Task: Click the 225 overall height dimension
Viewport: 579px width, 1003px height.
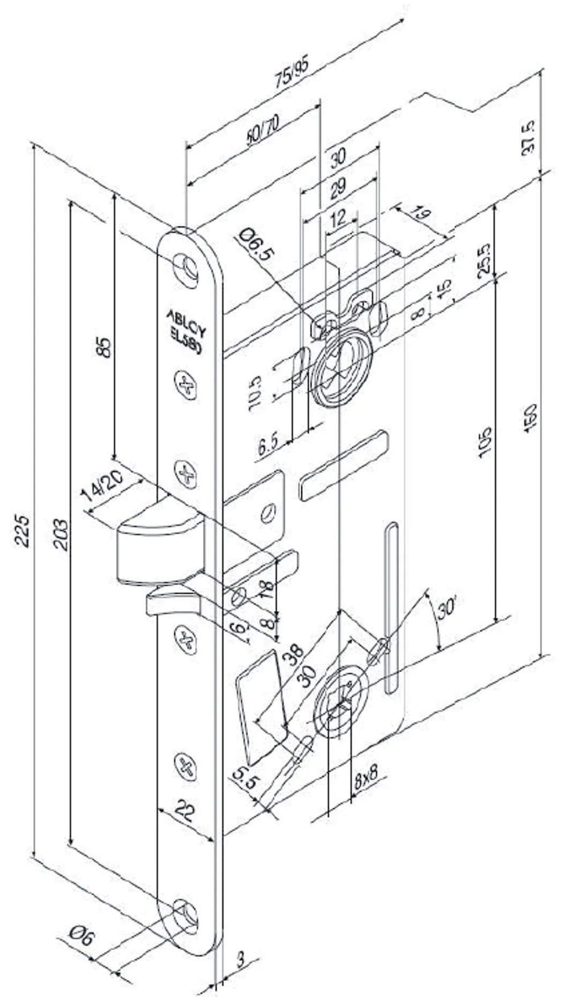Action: point(21,530)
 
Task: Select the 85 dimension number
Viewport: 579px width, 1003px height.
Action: point(105,346)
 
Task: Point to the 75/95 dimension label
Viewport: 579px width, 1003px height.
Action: point(292,73)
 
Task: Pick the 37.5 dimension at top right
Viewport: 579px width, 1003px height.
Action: point(529,137)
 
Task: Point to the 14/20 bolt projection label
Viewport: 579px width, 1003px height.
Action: point(103,486)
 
